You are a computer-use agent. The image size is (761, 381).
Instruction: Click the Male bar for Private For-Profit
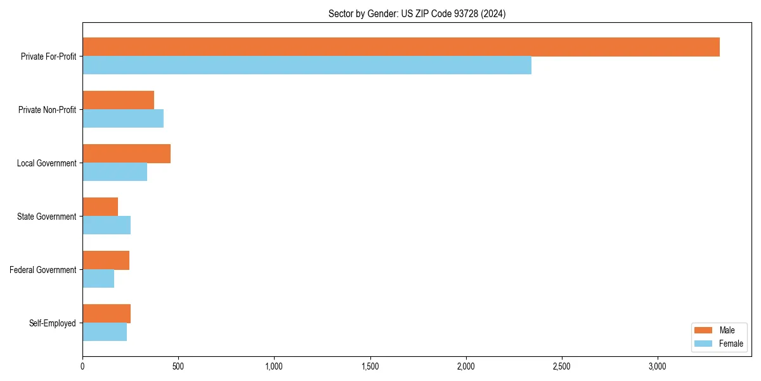pos(401,47)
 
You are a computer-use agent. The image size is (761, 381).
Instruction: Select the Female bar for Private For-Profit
pos(307,65)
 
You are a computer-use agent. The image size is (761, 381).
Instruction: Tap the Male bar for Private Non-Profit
pos(119,100)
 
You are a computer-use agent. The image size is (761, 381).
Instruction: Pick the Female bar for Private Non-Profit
pos(123,119)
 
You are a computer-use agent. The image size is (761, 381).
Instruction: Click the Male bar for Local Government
pos(127,154)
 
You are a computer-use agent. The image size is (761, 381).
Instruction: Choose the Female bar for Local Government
pos(115,172)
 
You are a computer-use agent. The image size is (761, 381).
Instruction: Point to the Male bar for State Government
pos(100,207)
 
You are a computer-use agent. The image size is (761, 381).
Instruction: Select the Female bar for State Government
pos(107,225)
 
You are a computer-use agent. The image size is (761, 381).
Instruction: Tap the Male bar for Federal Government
pos(106,260)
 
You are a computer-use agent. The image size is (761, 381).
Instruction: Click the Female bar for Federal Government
pos(98,279)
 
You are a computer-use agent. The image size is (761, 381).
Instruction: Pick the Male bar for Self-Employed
pos(107,314)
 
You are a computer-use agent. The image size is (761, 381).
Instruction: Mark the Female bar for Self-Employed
pos(105,332)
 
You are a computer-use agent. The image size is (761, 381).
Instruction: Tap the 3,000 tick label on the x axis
pos(658,366)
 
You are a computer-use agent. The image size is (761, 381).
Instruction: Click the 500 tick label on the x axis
pos(178,366)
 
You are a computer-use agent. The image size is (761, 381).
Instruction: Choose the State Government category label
pos(46,217)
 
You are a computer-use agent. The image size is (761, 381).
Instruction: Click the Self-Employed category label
pos(53,323)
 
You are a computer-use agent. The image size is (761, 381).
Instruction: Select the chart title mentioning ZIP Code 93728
pos(417,13)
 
